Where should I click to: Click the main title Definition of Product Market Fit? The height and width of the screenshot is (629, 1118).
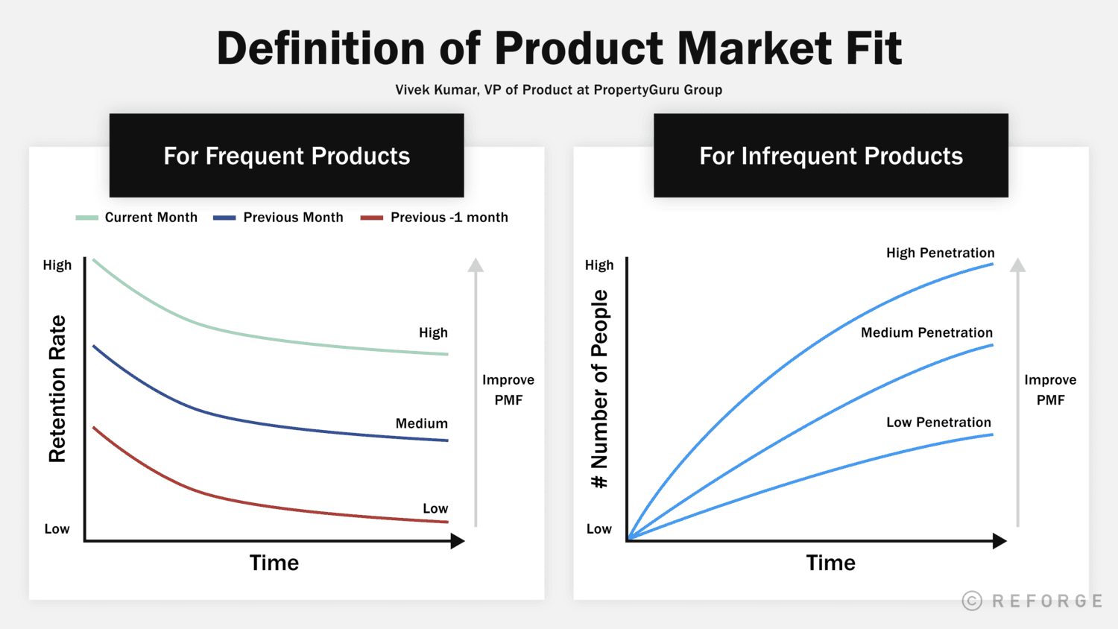(559, 49)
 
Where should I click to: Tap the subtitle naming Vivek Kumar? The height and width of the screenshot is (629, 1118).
(558, 90)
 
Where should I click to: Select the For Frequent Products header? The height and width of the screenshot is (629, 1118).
(286, 156)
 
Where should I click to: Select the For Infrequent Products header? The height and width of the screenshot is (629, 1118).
(830, 156)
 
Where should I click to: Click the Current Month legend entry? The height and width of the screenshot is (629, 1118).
(138, 218)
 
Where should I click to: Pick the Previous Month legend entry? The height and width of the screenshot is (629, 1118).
(279, 218)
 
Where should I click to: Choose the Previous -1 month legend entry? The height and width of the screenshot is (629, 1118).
(435, 218)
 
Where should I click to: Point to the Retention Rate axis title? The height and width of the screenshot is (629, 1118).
(57, 388)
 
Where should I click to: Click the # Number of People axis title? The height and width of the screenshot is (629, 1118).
(600, 388)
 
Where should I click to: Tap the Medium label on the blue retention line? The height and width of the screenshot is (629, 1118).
(421, 423)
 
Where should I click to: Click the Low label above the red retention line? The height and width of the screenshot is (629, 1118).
(435, 508)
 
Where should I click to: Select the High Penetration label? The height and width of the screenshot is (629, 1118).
(940, 253)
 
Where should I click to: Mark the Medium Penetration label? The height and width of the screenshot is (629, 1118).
(926, 332)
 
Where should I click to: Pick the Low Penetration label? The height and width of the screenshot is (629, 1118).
(938, 423)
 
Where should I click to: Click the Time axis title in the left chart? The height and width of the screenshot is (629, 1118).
(274, 563)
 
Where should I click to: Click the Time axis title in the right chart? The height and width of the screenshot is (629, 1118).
(830, 563)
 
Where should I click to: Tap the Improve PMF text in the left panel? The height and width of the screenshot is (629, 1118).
(508, 390)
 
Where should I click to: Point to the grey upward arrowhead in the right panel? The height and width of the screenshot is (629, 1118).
(1018, 265)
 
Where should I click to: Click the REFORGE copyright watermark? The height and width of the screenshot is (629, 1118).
(1032, 601)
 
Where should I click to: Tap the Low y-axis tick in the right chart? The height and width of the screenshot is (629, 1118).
(599, 529)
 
